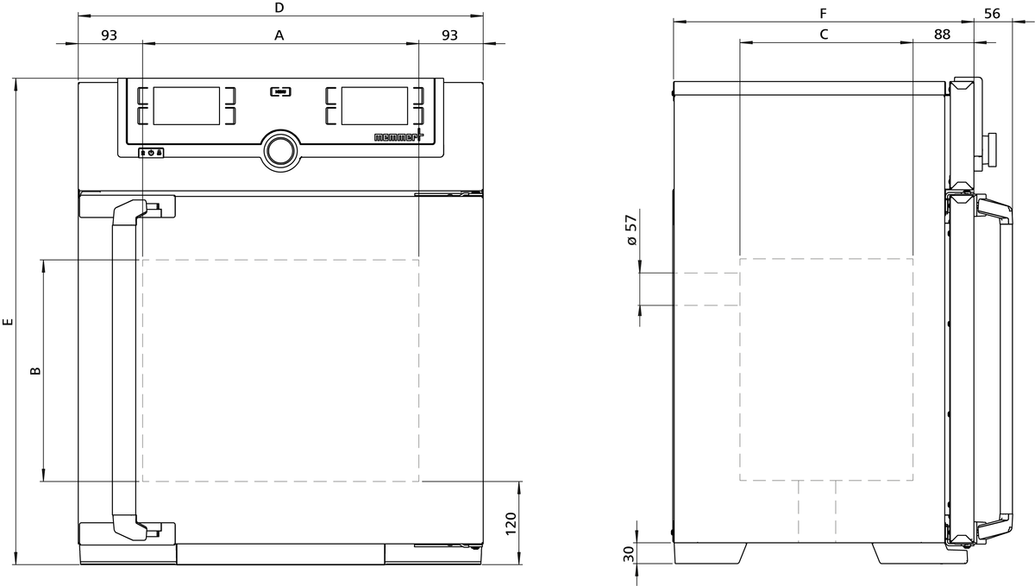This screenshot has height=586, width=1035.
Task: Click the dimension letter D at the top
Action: [x=279, y=8]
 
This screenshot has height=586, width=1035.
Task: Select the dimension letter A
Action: [x=279, y=35]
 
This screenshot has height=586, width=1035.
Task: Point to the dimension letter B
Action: [x=35, y=370]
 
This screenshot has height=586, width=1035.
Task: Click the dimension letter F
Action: [x=823, y=14]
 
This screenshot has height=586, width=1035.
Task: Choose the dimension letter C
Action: [x=824, y=35]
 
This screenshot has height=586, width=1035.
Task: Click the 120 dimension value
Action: [x=511, y=523]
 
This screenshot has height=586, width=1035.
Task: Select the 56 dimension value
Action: [x=992, y=14]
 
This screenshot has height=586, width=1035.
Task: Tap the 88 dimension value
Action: [x=942, y=35]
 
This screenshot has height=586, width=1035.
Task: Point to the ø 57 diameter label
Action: [x=631, y=230]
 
